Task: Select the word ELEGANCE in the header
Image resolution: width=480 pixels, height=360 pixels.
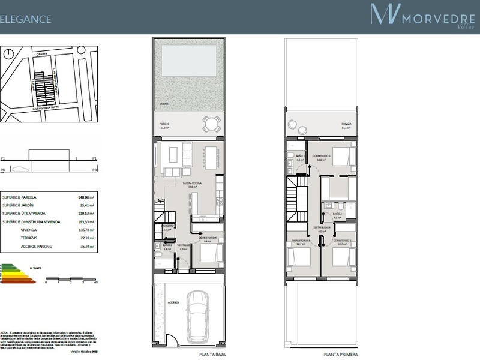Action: click(25, 19)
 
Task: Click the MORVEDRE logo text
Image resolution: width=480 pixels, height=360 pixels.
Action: click(432, 19)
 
